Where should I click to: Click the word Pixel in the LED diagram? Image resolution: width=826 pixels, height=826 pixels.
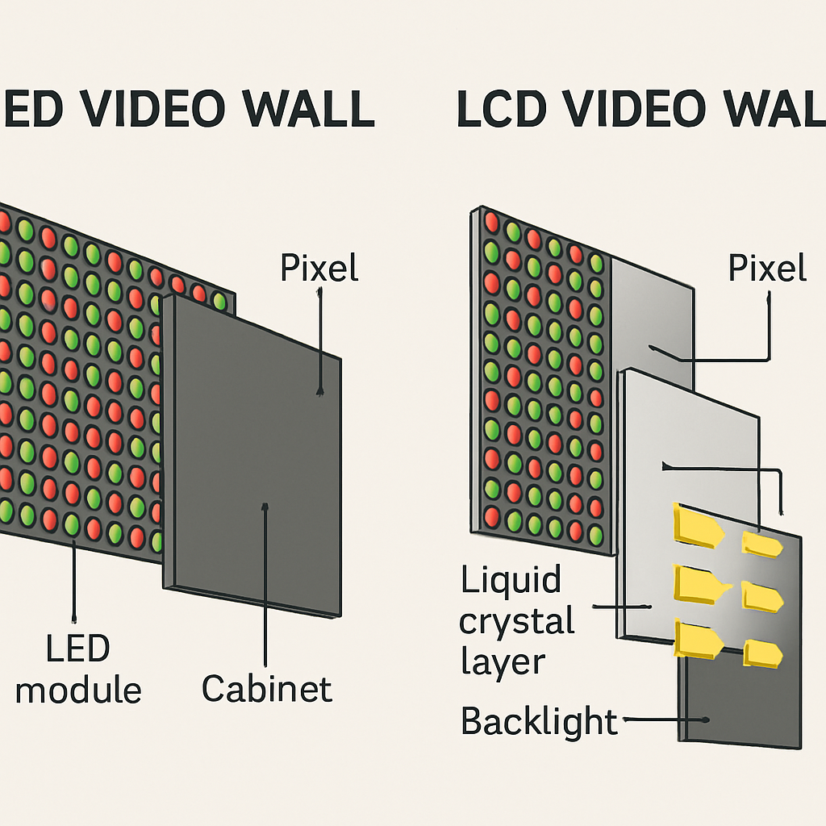pyautogui.click(x=319, y=268)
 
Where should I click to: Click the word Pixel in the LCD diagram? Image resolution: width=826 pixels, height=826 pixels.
pyautogui.click(x=767, y=268)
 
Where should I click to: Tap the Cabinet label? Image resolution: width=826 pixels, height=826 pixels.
pyautogui.click(x=267, y=689)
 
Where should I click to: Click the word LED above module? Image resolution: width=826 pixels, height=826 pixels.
pyautogui.click(x=78, y=648)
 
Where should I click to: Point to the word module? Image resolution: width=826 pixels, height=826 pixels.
pyautogui.click(x=78, y=690)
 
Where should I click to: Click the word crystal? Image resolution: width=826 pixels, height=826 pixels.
pyautogui.click(x=516, y=622)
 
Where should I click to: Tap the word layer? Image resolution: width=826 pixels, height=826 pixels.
pyautogui.click(x=503, y=663)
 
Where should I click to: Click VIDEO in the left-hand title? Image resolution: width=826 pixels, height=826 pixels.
pyautogui.click(x=153, y=109)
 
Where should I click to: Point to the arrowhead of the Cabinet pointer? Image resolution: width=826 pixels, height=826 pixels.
pyautogui.click(x=265, y=507)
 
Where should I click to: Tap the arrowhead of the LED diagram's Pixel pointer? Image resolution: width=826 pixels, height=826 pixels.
pyautogui.click(x=319, y=391)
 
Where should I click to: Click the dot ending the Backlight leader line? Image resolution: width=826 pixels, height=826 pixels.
pyautogui.click(x=705, y=720)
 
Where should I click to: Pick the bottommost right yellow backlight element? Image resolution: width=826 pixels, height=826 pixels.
pyautogui.click(x=762, y=653)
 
